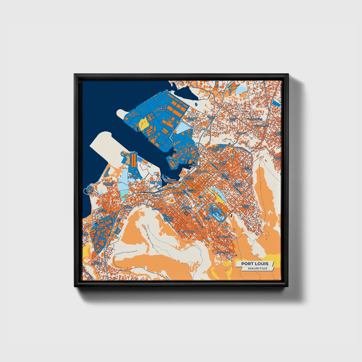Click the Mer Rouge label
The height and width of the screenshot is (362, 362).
(x=163, y=109)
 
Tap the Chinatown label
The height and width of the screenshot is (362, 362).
(x=202, y=172)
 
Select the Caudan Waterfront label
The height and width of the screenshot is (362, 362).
(x=172, y=180)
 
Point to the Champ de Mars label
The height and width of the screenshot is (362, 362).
(x=214, y=210)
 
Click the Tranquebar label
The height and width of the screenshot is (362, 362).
(x=224, y=236)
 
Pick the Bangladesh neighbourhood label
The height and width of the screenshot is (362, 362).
(x=223, y=253)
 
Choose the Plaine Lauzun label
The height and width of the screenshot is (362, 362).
(x=100, y=228)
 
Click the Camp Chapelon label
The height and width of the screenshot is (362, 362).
(x=97, y=263)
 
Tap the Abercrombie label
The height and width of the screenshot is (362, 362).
(x=261, y=126)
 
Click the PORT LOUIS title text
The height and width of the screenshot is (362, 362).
(x=255, y=264)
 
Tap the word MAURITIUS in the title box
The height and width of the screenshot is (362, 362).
(x=258, y=269)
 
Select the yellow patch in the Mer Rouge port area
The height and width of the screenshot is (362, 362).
(x=144, y=123)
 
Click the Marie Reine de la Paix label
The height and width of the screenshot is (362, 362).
(x=168, y=219)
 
